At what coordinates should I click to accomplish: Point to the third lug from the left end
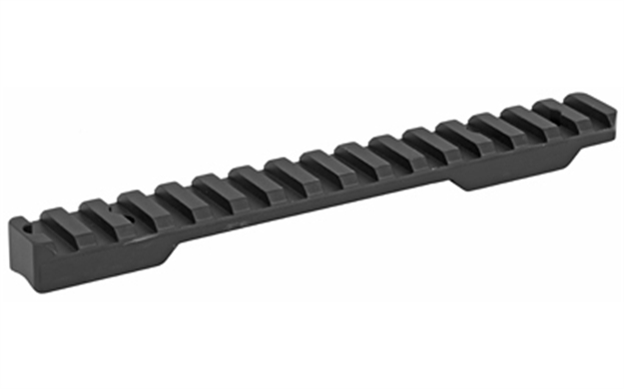point(137,202)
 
